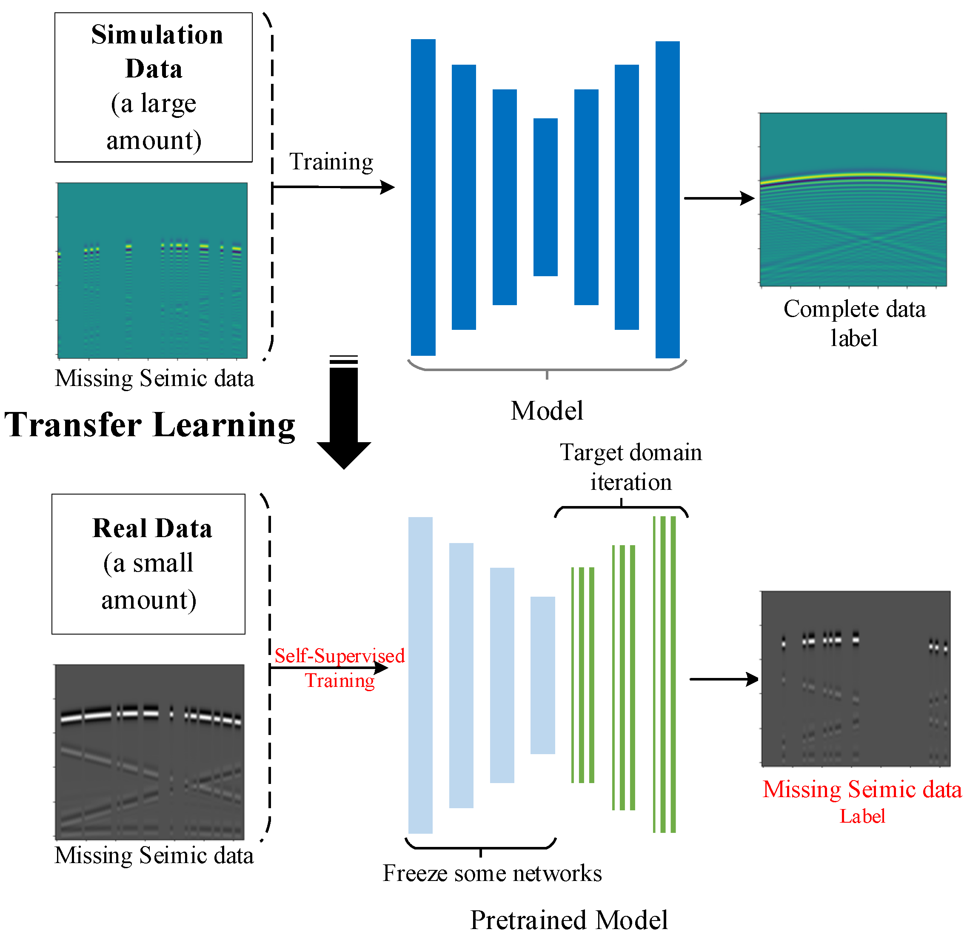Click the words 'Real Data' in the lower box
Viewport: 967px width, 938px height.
(x=152, y=529)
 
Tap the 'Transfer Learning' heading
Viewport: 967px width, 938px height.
(x=149, y=425)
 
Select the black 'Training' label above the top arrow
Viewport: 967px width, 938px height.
(x=331, y=161)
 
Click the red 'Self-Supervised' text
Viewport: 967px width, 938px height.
(x=339, y=656)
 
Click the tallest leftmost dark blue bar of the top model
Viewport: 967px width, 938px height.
(x=423, y=197)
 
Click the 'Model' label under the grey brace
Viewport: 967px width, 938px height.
(x=547, y=411)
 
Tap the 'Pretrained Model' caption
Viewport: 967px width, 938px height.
(x=568, y=920)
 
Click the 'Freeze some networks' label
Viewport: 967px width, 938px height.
(x=492, y=873)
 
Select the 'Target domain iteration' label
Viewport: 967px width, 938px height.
(x=630, y=467)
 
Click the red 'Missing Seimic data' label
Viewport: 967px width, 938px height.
(x=861, y=789)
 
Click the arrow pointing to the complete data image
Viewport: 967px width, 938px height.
(x=719, y=198)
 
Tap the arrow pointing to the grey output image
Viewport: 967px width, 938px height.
(x=724, y=679)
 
